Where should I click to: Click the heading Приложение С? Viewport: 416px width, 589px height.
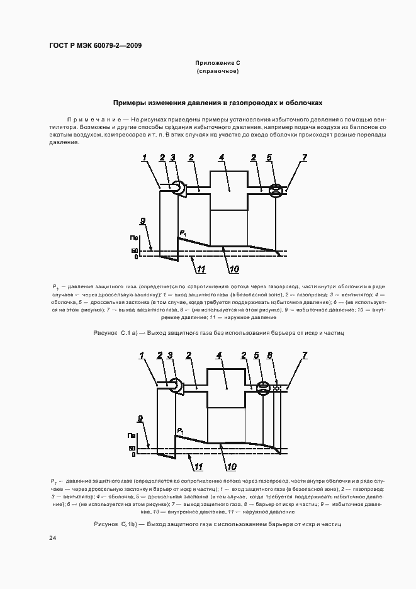pos(217,64)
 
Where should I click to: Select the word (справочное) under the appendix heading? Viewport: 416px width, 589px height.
pos(217,72)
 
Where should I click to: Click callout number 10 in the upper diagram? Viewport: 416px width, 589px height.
pos(233,270)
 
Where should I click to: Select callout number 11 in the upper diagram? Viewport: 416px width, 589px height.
pos(201,271)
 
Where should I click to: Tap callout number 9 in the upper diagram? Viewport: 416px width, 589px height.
pos(143,221)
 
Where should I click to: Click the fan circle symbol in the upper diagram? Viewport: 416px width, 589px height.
pos(178,187)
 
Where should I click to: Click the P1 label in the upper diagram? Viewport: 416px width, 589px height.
pos(183,234)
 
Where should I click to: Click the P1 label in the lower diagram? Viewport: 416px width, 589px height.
pos(181,431)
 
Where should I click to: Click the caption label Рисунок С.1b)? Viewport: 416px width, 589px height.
pos(111,524)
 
